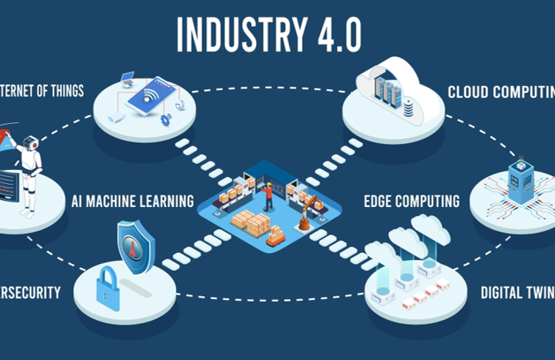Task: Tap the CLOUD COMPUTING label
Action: (500, 92)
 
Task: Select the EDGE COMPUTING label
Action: (411, 202)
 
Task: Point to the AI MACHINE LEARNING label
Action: (132, 202)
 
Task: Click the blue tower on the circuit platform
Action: (521, 183)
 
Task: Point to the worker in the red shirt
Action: (268, 197)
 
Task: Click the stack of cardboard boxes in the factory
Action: (251, 223)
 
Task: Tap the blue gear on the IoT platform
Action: (165, 120)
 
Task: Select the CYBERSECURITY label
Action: (30, 293)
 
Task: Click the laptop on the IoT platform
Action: (128, 78)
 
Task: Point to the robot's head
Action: (31, 143)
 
